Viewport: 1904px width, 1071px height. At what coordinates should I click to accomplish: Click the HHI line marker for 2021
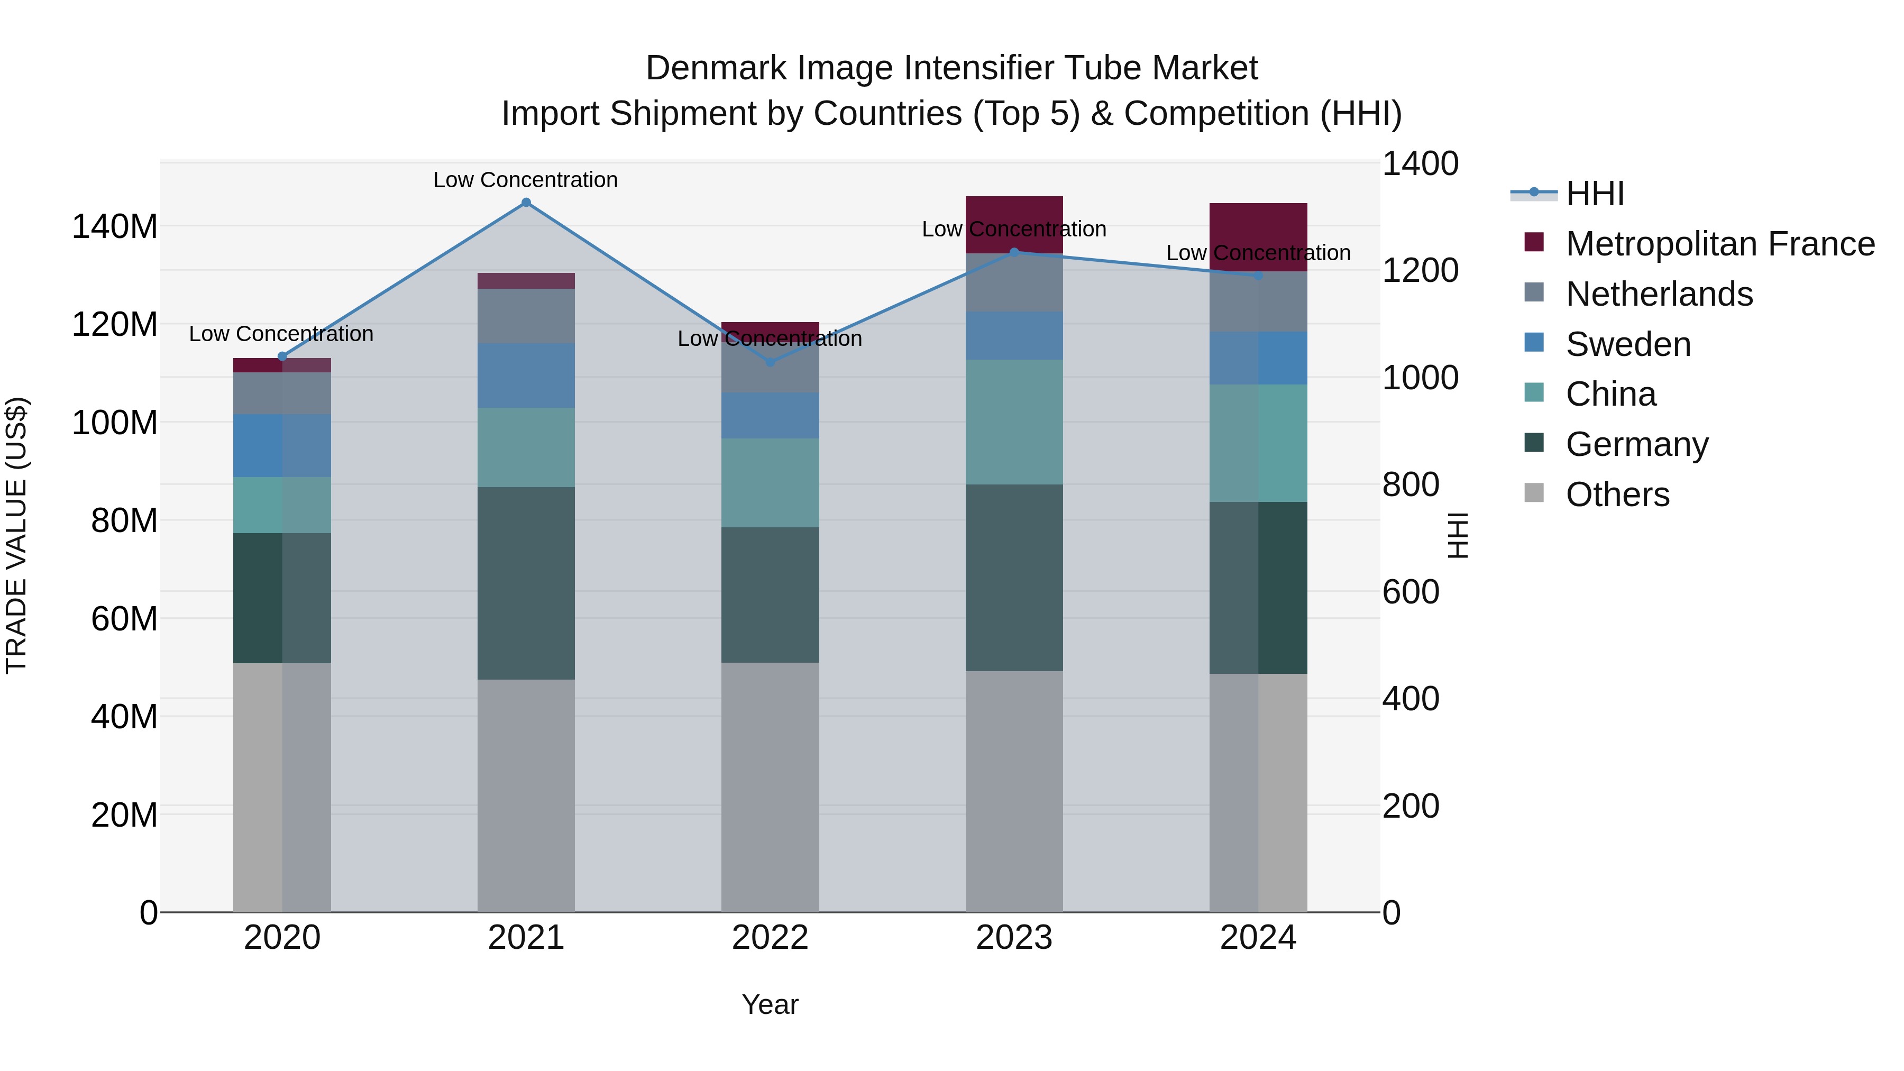tap(526, 203)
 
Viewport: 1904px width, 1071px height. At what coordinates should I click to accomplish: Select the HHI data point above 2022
tap(770, 362)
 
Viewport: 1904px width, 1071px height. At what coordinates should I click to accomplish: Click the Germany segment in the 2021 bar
tap(526, 583)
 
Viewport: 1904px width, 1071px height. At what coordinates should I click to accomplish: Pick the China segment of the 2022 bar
tap(770, 483)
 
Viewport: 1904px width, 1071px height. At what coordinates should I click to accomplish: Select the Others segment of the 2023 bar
tap(1014, 791)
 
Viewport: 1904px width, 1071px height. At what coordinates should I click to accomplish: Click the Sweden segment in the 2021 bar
tap(526, 376)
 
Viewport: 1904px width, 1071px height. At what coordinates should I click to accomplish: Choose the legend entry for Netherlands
tap(1659, 294)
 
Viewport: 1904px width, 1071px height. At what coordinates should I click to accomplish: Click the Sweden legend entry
tap(1628, 344)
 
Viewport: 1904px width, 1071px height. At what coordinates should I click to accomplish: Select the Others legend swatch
tap(1534, 493)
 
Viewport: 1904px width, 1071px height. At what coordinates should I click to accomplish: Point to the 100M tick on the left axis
tap(115, 423)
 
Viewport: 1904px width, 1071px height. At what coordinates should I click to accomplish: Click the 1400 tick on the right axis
tap(1420, 163)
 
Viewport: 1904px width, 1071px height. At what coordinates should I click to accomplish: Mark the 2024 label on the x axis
tap(1258, 938)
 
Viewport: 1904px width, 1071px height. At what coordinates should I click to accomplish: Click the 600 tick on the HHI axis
tap(1410, 592)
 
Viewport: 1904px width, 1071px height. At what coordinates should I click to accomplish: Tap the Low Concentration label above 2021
tap(526, 180)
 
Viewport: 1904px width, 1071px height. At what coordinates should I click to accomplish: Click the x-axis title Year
tap(770, 1004)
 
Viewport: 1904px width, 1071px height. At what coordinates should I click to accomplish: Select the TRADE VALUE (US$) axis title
tap(16, 535)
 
